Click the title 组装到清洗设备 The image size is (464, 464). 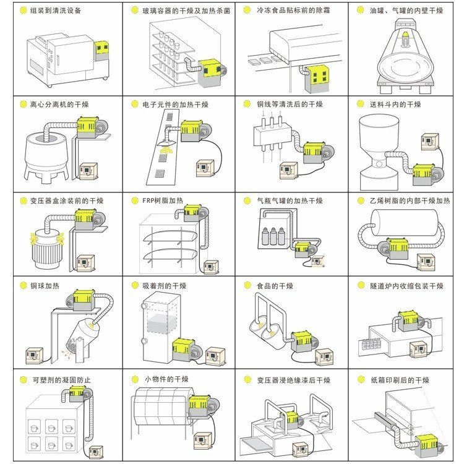tap(56, 11)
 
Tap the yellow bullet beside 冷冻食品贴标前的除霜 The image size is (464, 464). tap(247, 10)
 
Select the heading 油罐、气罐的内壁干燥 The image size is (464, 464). tap(406, 11)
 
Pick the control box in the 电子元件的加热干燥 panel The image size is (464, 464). tap(205, 168)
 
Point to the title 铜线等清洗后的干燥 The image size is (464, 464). tap(290, 104)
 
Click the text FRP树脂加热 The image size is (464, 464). tap(163, 200)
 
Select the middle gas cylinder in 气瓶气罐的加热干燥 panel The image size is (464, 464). tap(273, 236)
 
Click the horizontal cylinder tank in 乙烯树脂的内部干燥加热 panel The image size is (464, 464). tap(405, 223)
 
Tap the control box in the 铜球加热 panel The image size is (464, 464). tap(34, 356)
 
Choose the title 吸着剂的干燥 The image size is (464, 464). tap(164, 286)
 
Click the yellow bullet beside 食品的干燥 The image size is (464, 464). tap(247, 285)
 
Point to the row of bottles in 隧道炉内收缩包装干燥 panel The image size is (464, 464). tap(372, 344)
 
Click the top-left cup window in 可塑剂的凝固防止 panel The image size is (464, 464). tap(34, 427)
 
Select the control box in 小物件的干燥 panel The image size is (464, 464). tap(203, 441)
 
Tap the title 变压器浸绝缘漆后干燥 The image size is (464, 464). tap(293, 380)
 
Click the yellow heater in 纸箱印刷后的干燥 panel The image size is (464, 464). tap(427, 446)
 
